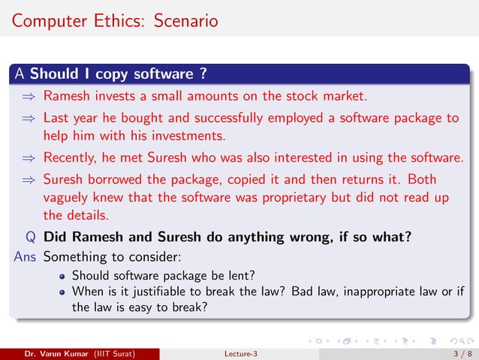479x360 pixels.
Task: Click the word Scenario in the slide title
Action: [186, 20]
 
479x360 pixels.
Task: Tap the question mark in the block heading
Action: [203, 74]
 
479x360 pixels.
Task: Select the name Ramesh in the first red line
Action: [67, 96]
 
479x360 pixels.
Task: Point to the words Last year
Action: [69, 118]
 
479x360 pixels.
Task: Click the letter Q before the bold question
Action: [30, 237]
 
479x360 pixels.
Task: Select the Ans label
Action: [26, 256]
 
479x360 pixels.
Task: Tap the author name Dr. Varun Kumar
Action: [54, 353]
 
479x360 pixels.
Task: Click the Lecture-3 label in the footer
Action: [240, 353]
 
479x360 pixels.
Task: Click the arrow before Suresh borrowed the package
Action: [28, 180]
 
